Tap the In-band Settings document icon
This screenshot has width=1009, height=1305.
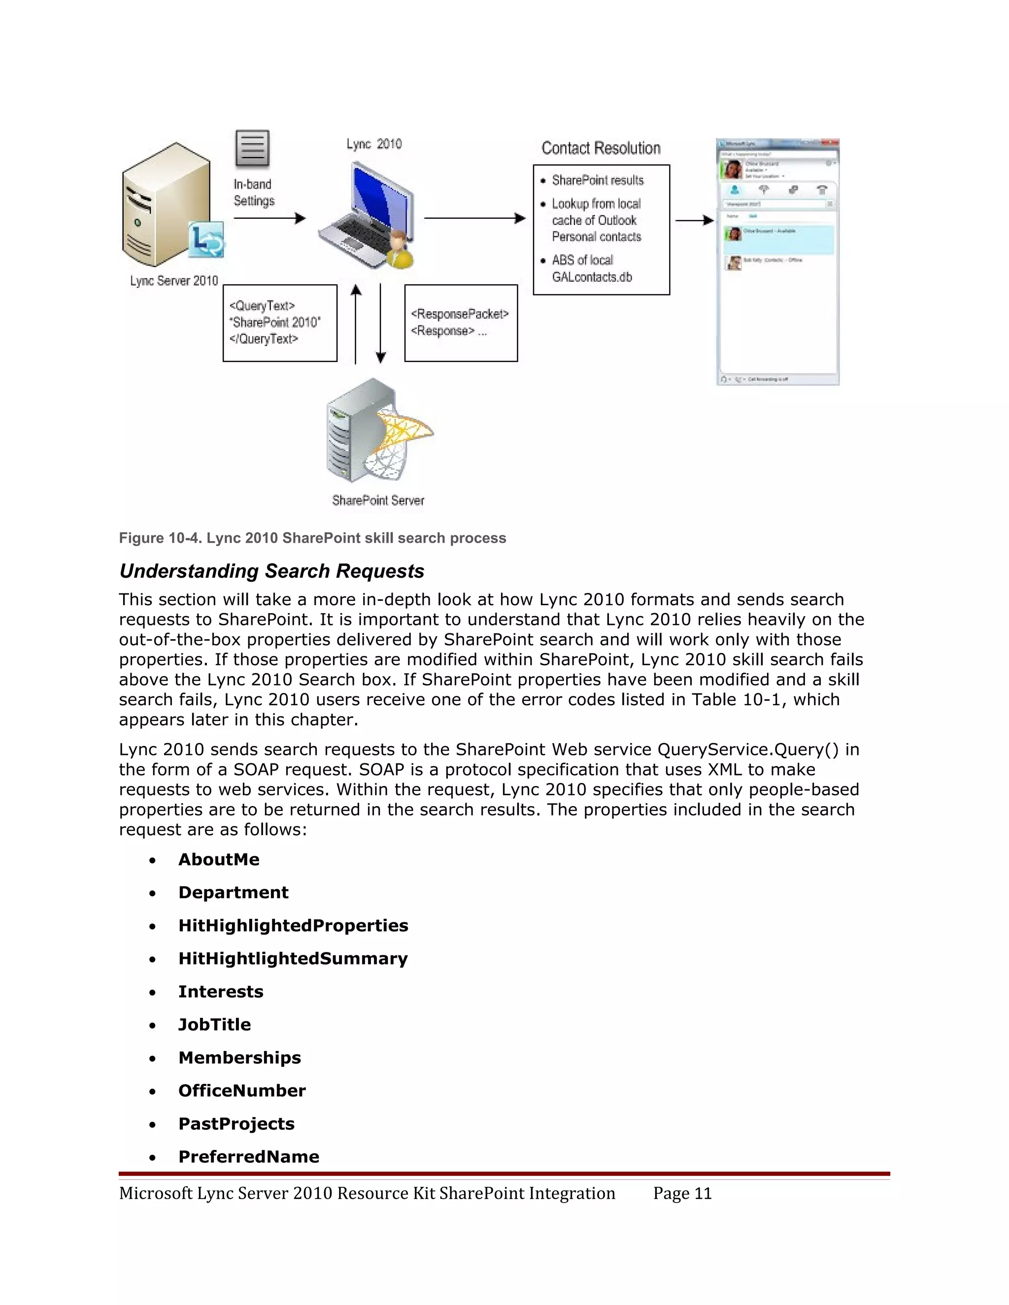252,148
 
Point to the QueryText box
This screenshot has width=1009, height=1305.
280,323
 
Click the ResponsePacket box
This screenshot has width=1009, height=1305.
461,323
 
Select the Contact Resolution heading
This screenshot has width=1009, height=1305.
601,148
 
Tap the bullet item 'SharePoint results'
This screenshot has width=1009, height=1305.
597,180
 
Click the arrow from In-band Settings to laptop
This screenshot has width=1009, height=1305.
269,219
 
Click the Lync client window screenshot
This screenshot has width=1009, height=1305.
777,261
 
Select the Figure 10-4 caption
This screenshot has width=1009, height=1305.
312,538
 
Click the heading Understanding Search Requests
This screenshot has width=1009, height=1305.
271,571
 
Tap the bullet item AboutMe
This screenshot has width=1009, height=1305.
219,859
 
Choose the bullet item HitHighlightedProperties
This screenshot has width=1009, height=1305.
293,926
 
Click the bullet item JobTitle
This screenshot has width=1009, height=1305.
215,1025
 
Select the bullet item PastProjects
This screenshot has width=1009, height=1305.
236,1124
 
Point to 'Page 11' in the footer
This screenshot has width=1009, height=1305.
682,1193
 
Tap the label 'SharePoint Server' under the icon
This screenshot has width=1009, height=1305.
378,501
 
